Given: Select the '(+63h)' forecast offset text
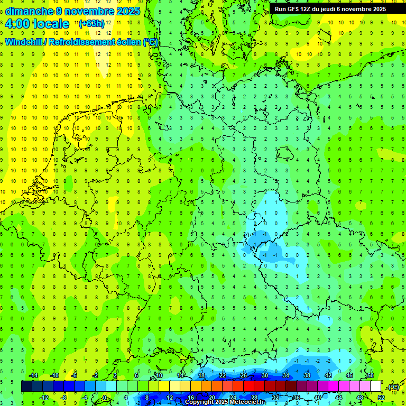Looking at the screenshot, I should [91, 23].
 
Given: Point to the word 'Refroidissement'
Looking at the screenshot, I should [85, 42].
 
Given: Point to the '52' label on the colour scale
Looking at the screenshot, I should [381, 398].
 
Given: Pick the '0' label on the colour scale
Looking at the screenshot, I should [105, 398].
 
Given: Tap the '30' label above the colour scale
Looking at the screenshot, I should [264, 375].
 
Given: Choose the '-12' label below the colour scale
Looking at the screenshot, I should [44, 398].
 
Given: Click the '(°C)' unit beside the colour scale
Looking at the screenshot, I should [393, 387].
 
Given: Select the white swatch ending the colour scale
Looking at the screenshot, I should [376, 386].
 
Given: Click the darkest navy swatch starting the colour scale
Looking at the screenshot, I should [26, 386].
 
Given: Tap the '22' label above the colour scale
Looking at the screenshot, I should [223, 375].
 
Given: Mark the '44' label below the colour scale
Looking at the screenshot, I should [339, 398].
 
